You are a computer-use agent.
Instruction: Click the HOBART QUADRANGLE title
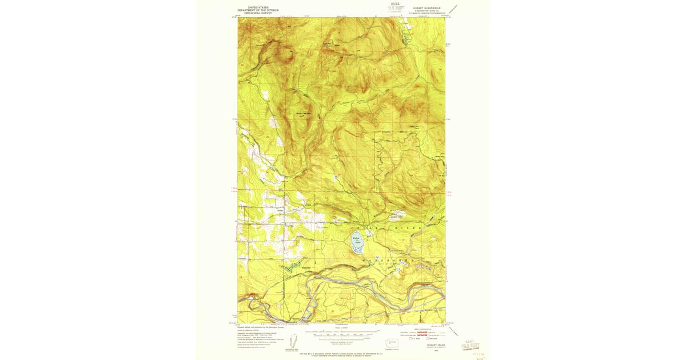[x=422, y=8]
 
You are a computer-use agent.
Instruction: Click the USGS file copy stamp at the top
[x=395, y=8]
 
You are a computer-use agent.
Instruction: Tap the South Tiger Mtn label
[x=302, y=113]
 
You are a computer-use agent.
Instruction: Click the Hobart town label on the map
[x=280, y=210]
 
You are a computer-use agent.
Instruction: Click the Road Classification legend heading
[x=422, y=328]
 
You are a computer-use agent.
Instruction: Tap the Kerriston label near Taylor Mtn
[x=386, y=133]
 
